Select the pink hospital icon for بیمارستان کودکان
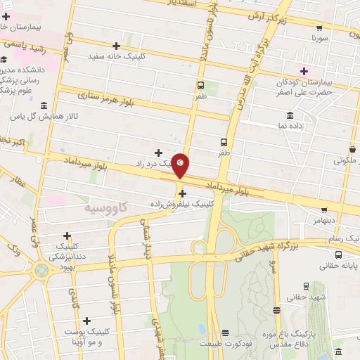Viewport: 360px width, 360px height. [x=304, y=70]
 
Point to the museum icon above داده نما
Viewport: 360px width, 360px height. [x=290, y=115]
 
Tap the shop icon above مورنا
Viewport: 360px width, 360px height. [x=319, y=29]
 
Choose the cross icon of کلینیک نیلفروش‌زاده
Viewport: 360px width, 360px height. [x=182, y=193]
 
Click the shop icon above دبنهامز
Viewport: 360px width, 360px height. [x=323, y=209]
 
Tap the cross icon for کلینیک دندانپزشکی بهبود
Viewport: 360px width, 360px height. [x=67, y=236]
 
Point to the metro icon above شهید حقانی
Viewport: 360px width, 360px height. [x=306, y=285]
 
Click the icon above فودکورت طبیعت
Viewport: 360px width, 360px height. [x=225, y=333]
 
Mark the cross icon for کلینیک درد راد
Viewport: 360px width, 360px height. [x=158, y=153]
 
